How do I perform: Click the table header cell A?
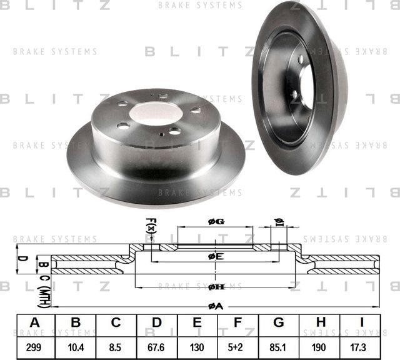pyautogui.click(x=36, y=322)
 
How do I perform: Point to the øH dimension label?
pyautogui.click(x=216, y=287)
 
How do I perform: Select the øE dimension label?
pyautogui.click(x=216, y=256)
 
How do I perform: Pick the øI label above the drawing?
pyautogui.click(x=279, y=222)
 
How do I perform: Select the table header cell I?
pyautogui.click(x=361, y=322)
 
